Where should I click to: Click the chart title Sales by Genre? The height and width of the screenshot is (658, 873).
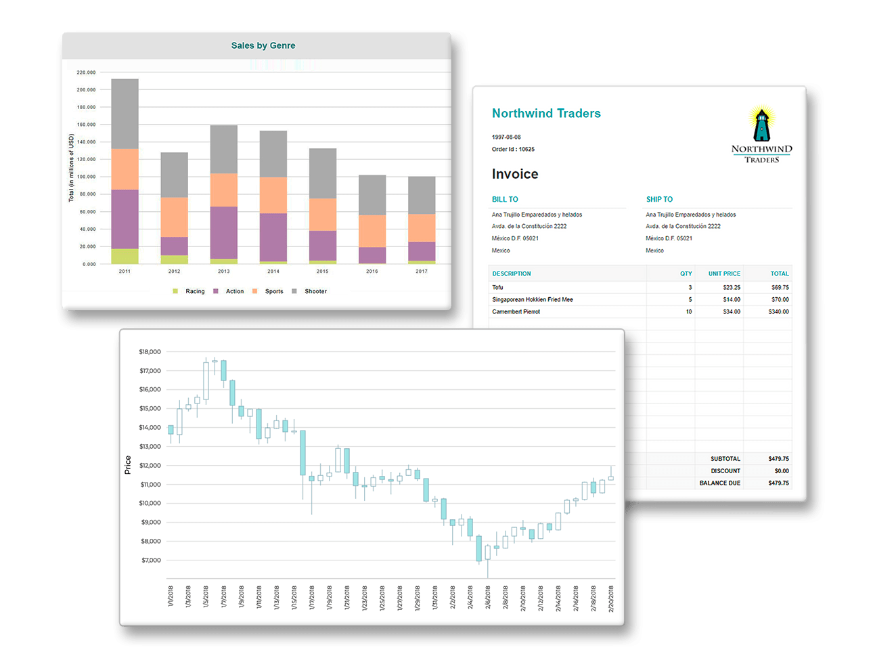click(x=263, y=45)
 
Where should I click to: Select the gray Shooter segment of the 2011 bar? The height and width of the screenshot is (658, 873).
click(x=125, y=114)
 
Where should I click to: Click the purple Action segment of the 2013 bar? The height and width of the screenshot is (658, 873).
click(x=223, y=232)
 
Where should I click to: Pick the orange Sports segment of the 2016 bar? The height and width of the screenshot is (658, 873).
click(x=372, y=231)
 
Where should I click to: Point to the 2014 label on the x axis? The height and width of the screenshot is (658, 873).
click(x=273, y=271)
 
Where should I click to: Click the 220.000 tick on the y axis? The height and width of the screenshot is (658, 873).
click(x=86, y=72)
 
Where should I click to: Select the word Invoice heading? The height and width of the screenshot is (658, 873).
click(x=515, y=174)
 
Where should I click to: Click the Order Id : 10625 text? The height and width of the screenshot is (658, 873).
click(x=513, y=149)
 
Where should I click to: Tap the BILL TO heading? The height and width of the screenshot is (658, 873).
click(x=505, y=199)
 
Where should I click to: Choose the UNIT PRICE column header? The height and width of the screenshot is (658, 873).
click(x=724, y=273)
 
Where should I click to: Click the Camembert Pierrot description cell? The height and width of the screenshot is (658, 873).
click(x=516, y=311)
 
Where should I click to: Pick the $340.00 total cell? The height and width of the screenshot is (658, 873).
click(x=778, y=311)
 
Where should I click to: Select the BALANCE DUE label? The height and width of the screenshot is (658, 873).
click(x=719, y=483)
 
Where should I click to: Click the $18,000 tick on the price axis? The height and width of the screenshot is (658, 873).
click(x=150, y=352)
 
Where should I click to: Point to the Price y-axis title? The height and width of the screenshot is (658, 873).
click(x=128, y=464)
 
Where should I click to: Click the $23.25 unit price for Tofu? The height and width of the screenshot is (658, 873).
click(x=732, y=287)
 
